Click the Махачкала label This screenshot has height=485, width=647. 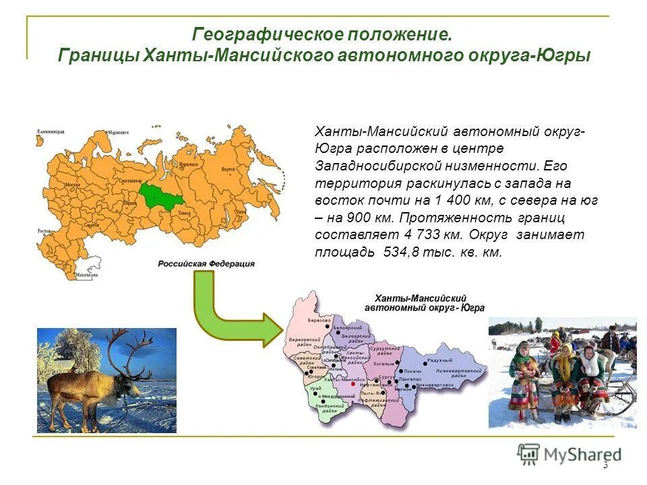click(x=86, y=275)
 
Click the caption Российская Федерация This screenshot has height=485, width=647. click(x=206, y=264)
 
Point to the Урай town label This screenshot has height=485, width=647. click(x=315, y=389)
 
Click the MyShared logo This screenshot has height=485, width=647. click(x=569, y=454)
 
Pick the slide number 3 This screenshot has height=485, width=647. click(x=605, y=465)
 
